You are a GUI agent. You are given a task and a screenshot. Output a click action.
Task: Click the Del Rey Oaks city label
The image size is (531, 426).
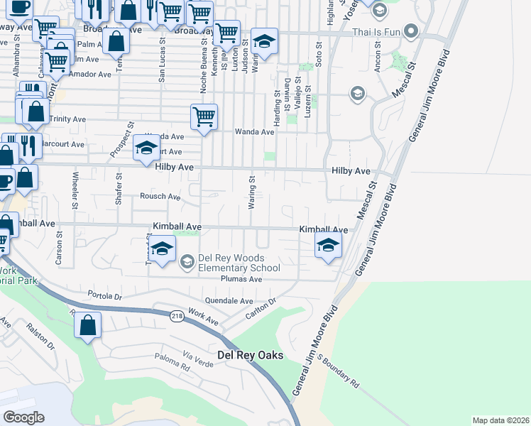coord(251,355)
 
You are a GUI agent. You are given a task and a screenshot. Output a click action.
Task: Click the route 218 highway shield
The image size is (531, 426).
coord(177,315)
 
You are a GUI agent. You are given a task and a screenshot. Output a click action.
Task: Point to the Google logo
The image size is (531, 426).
coord(23,417)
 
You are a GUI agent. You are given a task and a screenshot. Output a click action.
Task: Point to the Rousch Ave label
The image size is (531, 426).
coord(160,196)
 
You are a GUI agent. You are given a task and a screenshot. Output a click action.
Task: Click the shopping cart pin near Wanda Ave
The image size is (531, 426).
coord(204,116)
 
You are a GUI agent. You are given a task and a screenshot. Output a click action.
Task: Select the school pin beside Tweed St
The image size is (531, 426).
coord(162,250)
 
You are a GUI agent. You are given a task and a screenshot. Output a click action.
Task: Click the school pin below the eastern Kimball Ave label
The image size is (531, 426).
coord(328,246)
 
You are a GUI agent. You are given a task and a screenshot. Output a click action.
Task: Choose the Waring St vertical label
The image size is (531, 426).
coord(251,194)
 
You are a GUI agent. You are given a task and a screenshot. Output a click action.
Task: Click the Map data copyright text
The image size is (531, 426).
coord(501,420)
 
